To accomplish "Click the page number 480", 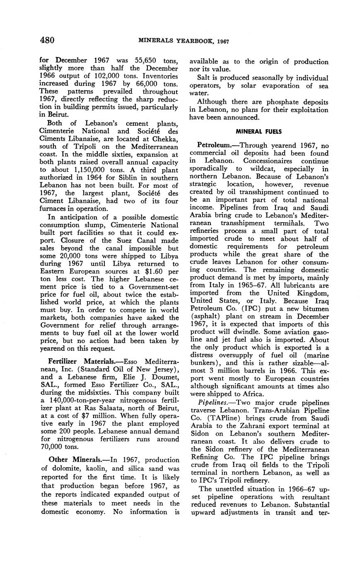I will pyautogui.click(x=48, y=40).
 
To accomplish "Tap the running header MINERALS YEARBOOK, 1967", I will pyautogui.click(x=183, y=41).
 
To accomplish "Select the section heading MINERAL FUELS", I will pyautogui.click(x=259, y=132).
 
